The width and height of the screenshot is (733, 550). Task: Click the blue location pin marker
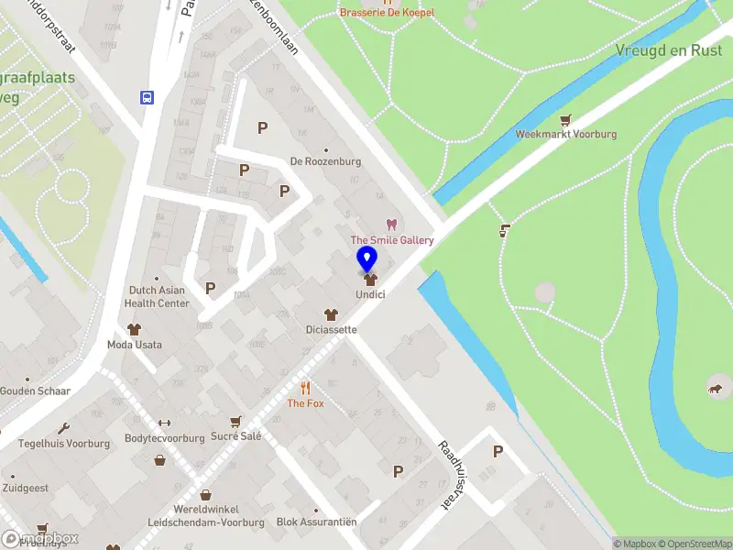click(x=366, y=258)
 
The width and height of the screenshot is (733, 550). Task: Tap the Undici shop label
click(x=370, y=294)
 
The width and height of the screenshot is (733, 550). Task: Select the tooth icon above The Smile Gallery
click(x=392, y=225)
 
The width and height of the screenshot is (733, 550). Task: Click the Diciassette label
click(x=331, y=329)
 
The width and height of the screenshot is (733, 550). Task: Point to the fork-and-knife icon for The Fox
click(x=306, y=388)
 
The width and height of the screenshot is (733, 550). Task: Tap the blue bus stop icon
click(x=147, y=96)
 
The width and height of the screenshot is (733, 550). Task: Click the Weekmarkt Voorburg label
click(x=565, y=134)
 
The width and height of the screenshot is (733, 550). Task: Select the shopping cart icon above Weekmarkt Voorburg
click(x=565, y=119)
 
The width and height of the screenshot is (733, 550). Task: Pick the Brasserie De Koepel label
click(x=387, y=13)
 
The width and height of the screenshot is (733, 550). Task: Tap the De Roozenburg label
click(x=325, y=161)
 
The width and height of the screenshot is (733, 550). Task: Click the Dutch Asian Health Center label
click(x=157, y=297)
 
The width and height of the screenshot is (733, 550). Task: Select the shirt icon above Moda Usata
click(x=134, y=329)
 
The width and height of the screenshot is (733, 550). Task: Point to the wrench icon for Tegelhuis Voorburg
click(x=63, y=428)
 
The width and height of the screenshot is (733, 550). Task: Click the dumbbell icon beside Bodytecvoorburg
click(x=165, y=423)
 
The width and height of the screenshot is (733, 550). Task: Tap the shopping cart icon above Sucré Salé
click(x=236, y=421)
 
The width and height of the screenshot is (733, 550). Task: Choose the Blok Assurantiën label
click(x=316, y=522)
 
